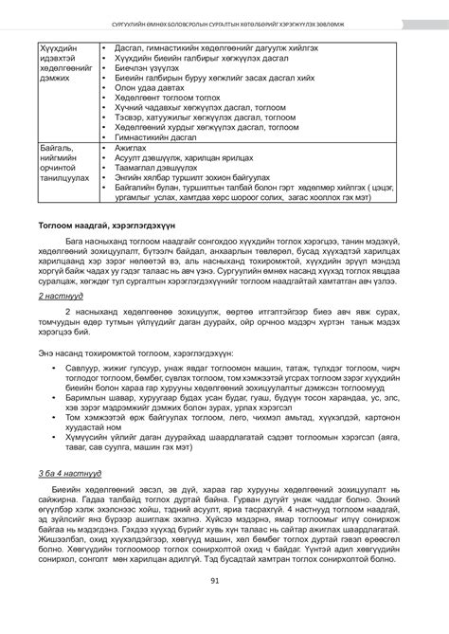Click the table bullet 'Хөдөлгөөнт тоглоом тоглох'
(x=170, y=97)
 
